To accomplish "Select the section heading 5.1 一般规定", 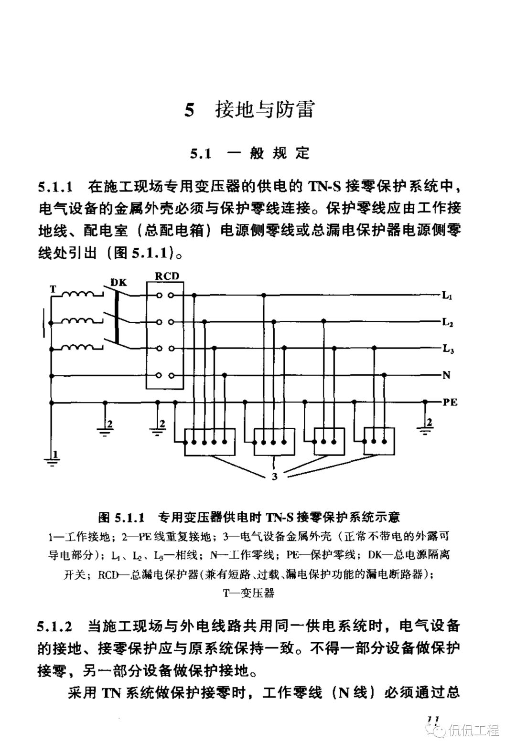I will tap(250, 153).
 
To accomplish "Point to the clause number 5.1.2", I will tap(56, 626).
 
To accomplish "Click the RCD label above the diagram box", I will tap(167, 276).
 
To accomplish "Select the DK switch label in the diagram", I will tap(119, 282).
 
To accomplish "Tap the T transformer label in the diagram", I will tap(53, 289).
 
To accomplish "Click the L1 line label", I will tap(447, 296).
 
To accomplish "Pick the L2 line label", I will tap(448, 322).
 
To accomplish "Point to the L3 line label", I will tap(448, 350).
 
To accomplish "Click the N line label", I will tap(446, 375).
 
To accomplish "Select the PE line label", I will tap(450, 402).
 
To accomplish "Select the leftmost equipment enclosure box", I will tap(210, 441).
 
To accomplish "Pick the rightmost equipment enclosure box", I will tap(379, 441).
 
